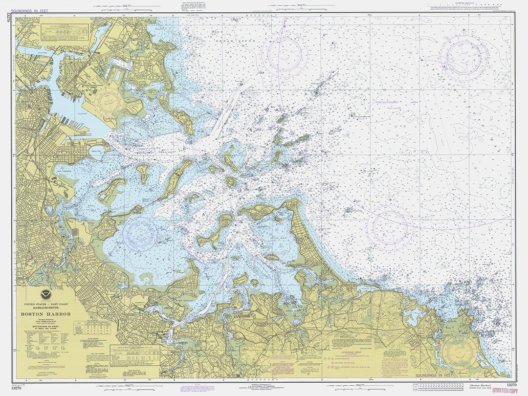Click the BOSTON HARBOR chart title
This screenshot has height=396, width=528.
click(x=45, y=314)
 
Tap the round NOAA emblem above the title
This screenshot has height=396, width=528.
click(x=45, y=294)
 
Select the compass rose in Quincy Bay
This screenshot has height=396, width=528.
click(x=140, y=233)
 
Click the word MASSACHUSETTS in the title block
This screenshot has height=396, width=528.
click(x=45, y=308)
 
